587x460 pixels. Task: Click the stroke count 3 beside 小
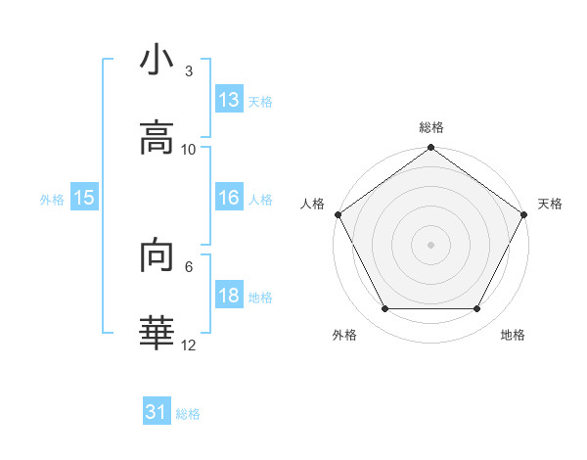(189, 71)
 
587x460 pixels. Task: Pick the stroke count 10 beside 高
(189, 149)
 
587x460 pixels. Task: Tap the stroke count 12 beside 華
(189, 345)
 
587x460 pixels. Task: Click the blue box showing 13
(228, 100)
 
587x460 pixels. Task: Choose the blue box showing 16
(228, 198)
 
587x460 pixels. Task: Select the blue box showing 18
(228, 296)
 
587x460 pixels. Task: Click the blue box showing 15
(84, 198)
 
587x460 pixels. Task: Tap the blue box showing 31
(157, 413)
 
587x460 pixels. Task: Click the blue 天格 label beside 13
(260, 102)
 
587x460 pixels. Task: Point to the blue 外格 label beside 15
(52, 200)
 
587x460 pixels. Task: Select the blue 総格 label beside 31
(188, 415)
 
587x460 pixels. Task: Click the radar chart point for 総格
(430, 148)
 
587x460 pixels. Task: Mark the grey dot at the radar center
(430, 245)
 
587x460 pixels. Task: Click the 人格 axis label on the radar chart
(313, 204)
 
